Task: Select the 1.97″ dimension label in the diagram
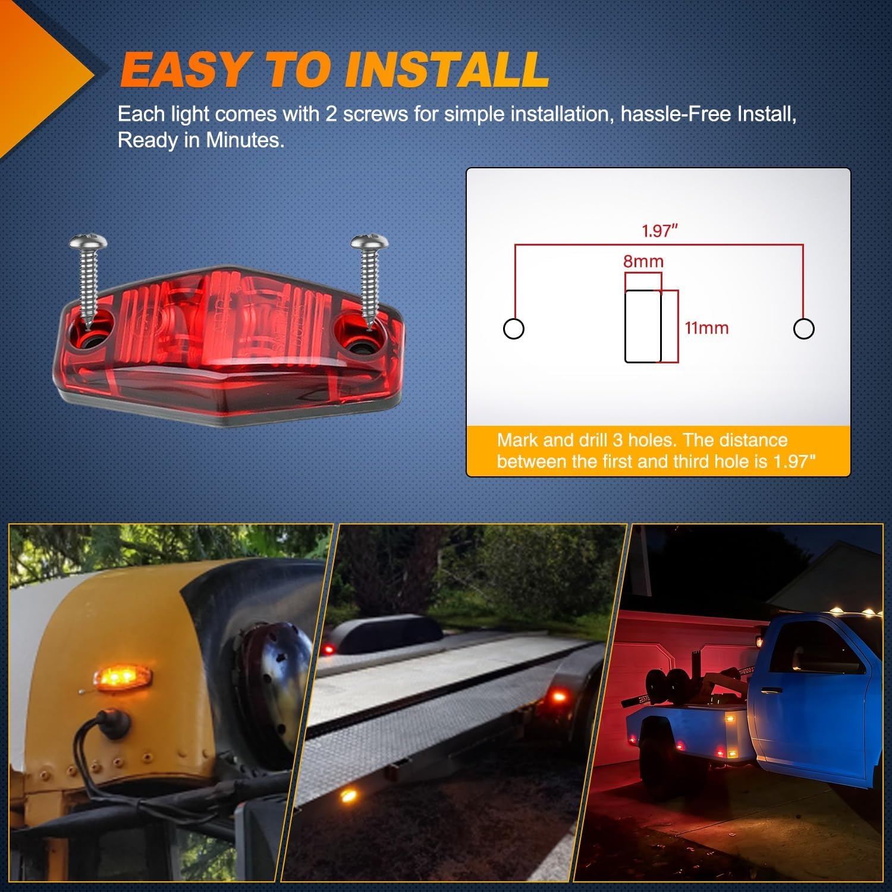tap(660, 231)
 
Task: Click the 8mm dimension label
tap(643, 261)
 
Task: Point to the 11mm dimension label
tap(706, 328)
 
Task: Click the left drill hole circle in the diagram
tap(514, 328)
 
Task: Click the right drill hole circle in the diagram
tap(804, 328)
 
